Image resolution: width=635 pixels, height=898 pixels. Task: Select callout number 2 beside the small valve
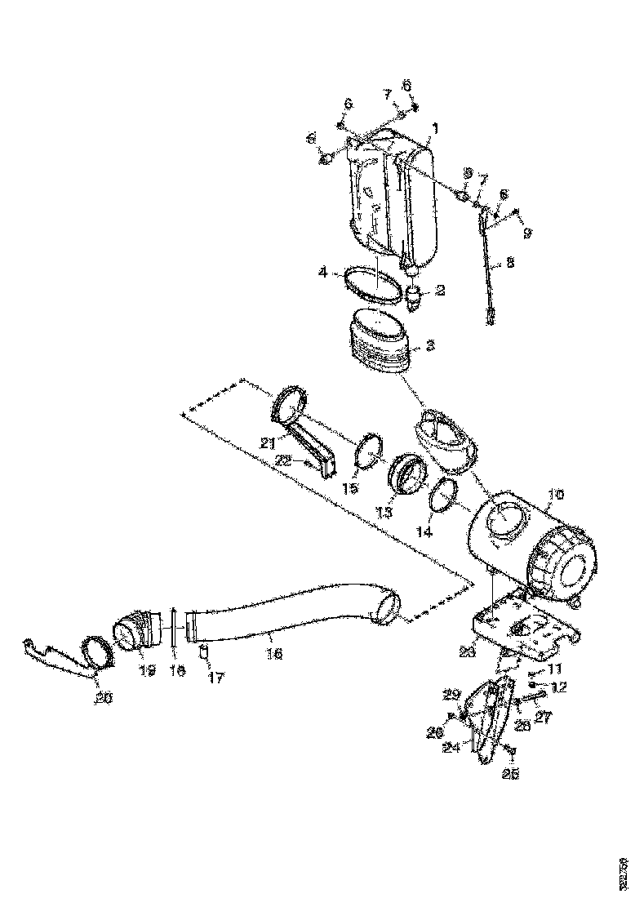coord(440,290)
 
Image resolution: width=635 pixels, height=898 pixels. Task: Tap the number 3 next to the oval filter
coord(430,347)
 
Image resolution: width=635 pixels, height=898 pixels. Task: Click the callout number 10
coord(555,495)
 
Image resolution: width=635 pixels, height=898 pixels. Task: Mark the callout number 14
coord(424,531)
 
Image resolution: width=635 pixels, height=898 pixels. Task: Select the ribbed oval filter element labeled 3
coord(382,343)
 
